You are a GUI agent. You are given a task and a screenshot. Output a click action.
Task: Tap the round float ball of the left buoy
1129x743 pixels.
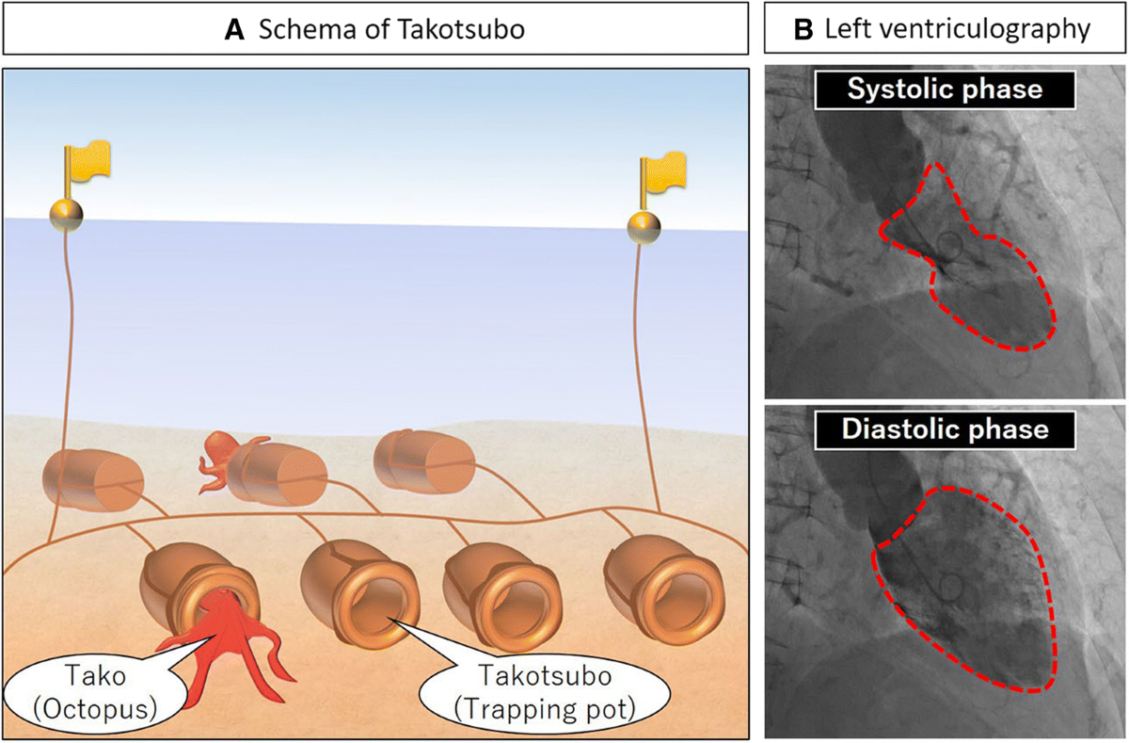click(x=66, y=214)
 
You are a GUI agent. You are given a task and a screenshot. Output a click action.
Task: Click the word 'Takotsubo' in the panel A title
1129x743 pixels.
click(x=469, y=29)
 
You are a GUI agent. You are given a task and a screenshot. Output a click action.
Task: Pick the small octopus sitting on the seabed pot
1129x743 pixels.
click(x=221, y=457)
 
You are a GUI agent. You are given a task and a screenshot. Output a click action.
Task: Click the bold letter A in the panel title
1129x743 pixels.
click(x=235, y=29)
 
